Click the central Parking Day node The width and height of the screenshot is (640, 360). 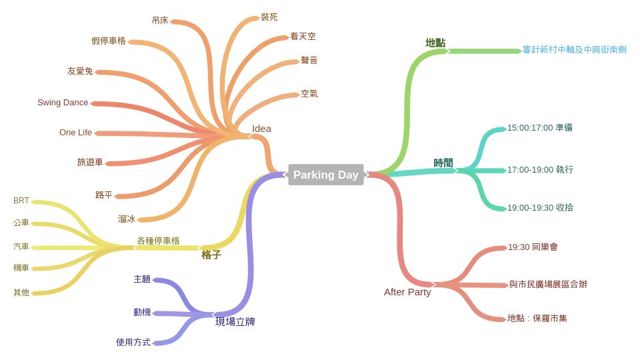pyautogui.click(x=326, y=175)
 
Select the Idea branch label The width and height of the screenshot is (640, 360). pyautogui.click(x=261, y=129)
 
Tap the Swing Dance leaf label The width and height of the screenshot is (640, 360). pyautogui.click(x=63, y=103)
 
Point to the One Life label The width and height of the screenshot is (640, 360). pyautogui.click(x=75, y=133)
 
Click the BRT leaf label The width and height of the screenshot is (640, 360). pyautogui.click(x=21, y=201)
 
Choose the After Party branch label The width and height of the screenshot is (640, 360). pyautogui.click(x=407, y=292)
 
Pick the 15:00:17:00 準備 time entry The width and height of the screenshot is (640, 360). pyautogui.click(x=539, y=127)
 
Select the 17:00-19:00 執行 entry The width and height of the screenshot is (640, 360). pyautogui.click(x=540, y=170)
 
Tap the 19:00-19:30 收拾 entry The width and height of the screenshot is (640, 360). pyautogui.click(x=540, y=208)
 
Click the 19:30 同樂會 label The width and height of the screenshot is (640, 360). pyautogui.click(x=533, y=247)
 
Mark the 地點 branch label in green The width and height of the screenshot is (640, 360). pyautogui.click(x=435, y=43)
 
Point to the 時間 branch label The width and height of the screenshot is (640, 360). pyautogui.click(x=443, y=163)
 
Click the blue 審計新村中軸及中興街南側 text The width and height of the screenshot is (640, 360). pyautogui.click(x=574, y=50)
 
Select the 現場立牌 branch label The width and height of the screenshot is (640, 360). pyautogui.click(x=235, y=322)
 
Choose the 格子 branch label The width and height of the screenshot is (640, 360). pyautogui.click(x=211, y=255)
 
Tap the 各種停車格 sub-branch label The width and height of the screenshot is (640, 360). pyautogui.click(x=158, y=241)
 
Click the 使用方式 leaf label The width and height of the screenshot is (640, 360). pyautogui.click(x=133, y=342)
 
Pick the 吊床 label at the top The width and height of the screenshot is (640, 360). pyautogui.click(x=160, y=21)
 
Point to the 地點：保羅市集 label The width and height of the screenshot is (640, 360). pyautogui.click(x=537, y=319)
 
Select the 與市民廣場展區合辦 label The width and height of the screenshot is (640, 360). pyautogui.click(x=548, y=285)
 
